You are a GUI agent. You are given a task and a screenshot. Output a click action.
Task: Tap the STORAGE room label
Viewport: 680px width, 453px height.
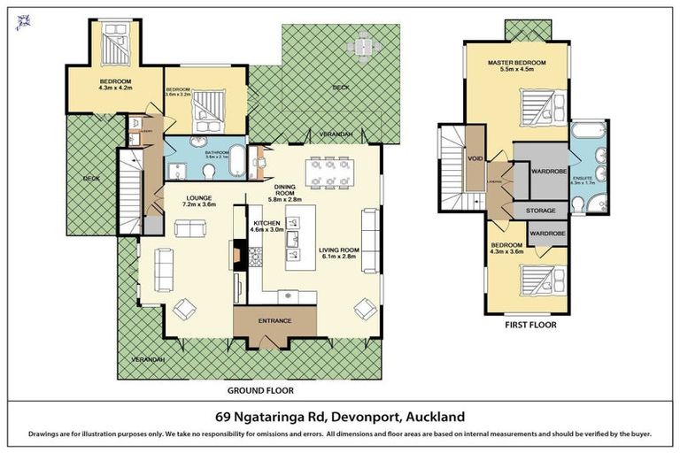click(541, 211)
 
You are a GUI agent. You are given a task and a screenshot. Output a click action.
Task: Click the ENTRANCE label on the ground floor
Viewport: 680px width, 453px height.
click(274, 321)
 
